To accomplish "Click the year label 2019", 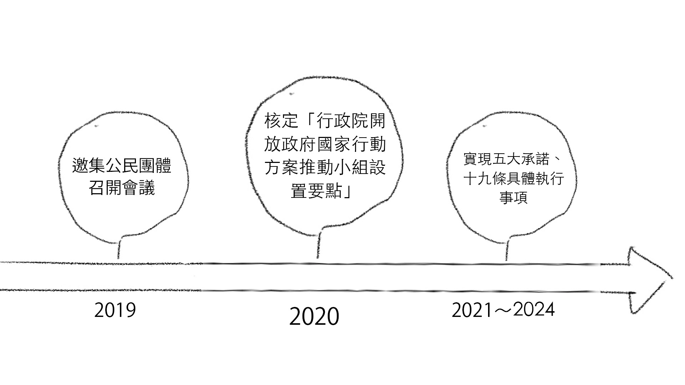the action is (115, 310).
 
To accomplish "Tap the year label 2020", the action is (314, 317).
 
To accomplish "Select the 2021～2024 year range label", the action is (503, 310).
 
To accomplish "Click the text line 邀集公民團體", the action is (122, 166).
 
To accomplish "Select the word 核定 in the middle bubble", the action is (281, 121).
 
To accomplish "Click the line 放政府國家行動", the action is (325, 144).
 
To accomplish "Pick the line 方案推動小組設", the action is (325, 168).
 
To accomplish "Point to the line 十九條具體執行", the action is (513, 179).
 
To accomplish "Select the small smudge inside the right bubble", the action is (484, 126).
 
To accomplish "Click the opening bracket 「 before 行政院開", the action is (308, 121).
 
